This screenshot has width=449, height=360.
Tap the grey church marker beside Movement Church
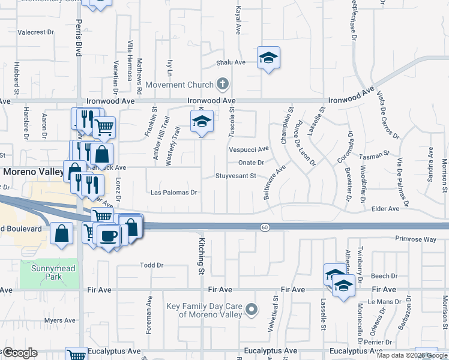click(x=223, y=83)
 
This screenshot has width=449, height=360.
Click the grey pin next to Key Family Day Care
click(x=252, y=310)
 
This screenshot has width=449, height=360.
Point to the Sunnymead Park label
click(x=54, y=272)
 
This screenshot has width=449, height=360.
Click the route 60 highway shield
click(x=264, y=227)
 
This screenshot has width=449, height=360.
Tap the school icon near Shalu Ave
click(x=268, y=58)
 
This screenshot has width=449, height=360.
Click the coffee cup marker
click(x=109, y=236)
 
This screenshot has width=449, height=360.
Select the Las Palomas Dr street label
click(x=174, y=193)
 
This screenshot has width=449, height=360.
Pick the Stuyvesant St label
click(x=237, y=176)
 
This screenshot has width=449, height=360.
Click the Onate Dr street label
click(x=251, y=163)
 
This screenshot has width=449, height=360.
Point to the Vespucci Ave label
click(x=249, y=149)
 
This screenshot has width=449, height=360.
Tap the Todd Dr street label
click(x=151, y=265)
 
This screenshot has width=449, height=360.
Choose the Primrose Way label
click(x=415, y=239)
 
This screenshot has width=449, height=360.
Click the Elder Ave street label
click(x=385, y=209)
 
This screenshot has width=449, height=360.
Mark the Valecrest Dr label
click(x=38, y=32)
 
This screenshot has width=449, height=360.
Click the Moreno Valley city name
click(x=33, y=172)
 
